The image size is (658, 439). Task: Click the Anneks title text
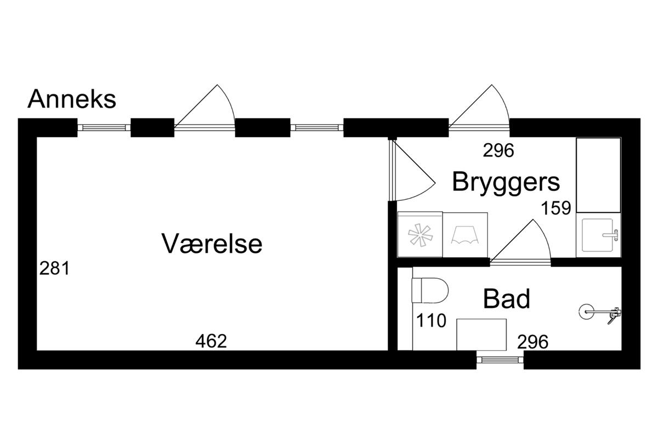click(x=72, y=99)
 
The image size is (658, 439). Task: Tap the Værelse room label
click(x=212, y=243)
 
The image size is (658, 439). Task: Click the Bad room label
click(x=507, y=299)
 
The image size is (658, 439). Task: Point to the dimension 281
click(x=55, y=268)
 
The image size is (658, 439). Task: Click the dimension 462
click(x=211, y=341)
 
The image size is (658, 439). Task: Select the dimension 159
click(x=556, y=207)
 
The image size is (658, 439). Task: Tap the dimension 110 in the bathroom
click(x=431, y=320)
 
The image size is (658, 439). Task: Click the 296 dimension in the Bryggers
click(x=498, y=150)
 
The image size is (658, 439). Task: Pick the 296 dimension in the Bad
click(x=533, y=342)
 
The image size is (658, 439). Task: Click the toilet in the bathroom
click(x=430, y=290)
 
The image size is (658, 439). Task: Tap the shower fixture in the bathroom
click(x=600, y=313)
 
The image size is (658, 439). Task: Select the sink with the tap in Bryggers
click(x=599, y=235)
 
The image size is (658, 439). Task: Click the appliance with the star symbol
click(x=420, y=235)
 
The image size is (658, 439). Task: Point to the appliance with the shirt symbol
click(x=465, y=235)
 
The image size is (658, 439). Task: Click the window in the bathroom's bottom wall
click(x=500, y=359)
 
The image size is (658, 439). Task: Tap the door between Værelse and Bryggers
click(x=412, y=170)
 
